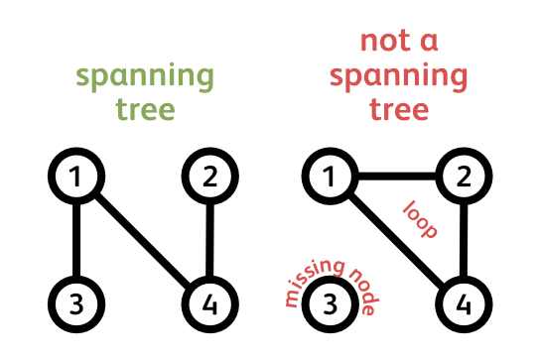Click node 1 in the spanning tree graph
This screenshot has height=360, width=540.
[76, 179]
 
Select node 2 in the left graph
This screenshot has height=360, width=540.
[209, 179]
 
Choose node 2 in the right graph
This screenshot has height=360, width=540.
[462, 179]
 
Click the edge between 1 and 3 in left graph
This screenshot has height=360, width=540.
[76, 241]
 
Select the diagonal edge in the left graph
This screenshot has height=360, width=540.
[143, 241]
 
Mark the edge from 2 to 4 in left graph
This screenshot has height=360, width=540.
[209, 241]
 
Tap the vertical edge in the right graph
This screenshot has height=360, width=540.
[462, 241]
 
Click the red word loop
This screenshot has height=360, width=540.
[420, 220]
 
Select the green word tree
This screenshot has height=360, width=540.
[145, 109]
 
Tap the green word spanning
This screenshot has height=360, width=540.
[145, 76]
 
